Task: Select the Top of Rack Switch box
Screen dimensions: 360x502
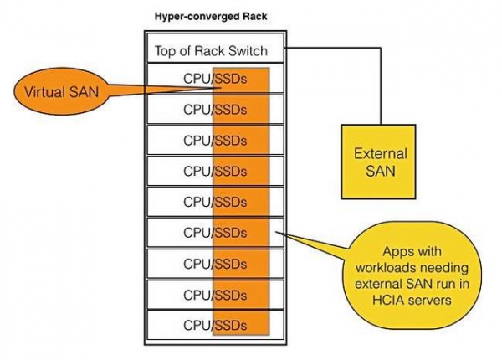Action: tap(211, 51)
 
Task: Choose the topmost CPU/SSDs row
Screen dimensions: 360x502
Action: tap(214, 79)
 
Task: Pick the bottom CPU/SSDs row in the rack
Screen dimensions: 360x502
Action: tap(214, 323)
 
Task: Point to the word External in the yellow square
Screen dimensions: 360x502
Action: tap(380, 154)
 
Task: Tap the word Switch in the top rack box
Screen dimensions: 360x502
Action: tap(248, 51)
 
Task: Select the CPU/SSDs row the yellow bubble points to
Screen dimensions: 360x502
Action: tap(214, 232)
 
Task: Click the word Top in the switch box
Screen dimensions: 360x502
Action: tap(166, 51)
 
